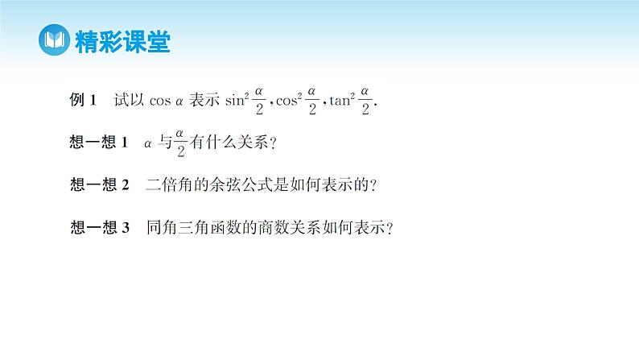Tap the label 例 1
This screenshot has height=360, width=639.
click(84, 101)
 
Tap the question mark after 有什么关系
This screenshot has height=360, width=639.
click(273, 143)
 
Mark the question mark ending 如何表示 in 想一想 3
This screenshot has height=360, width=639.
click(390, 228)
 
